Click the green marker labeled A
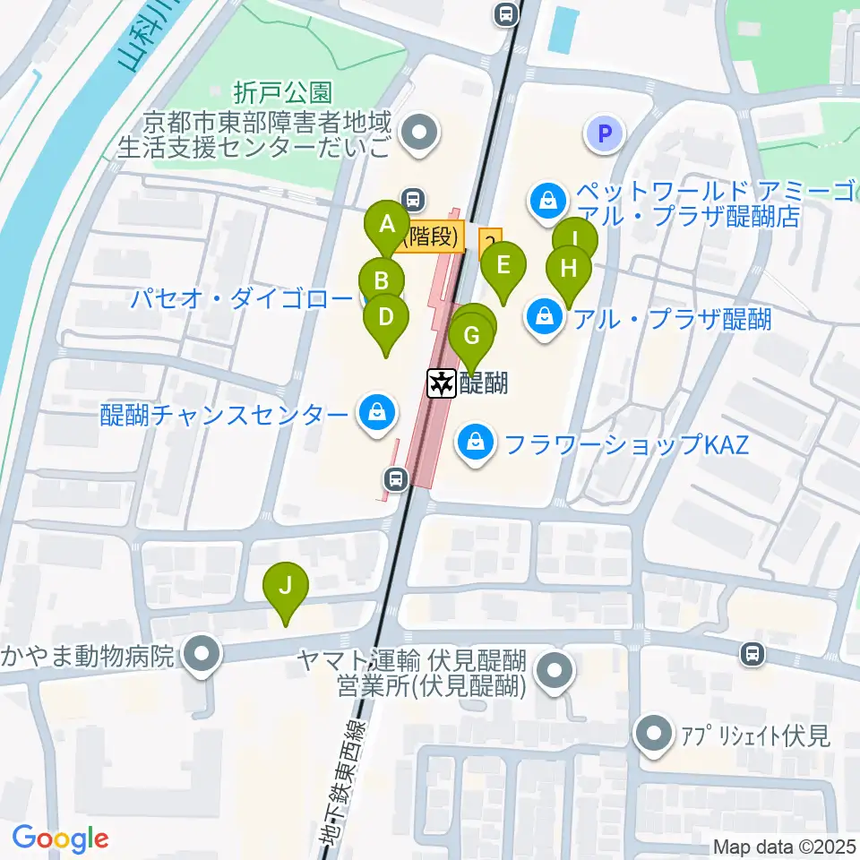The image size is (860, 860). tap(387, 225)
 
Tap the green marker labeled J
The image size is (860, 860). tap(286, 586)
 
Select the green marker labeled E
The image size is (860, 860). tap(503, 265)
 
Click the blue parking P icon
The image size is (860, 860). tap(605, 135)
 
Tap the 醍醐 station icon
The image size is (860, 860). tap(442, 384)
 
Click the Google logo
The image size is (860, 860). tap(61, 839)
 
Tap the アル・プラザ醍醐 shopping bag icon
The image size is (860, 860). tap(544, 316)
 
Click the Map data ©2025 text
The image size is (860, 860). tap(785, 847)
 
